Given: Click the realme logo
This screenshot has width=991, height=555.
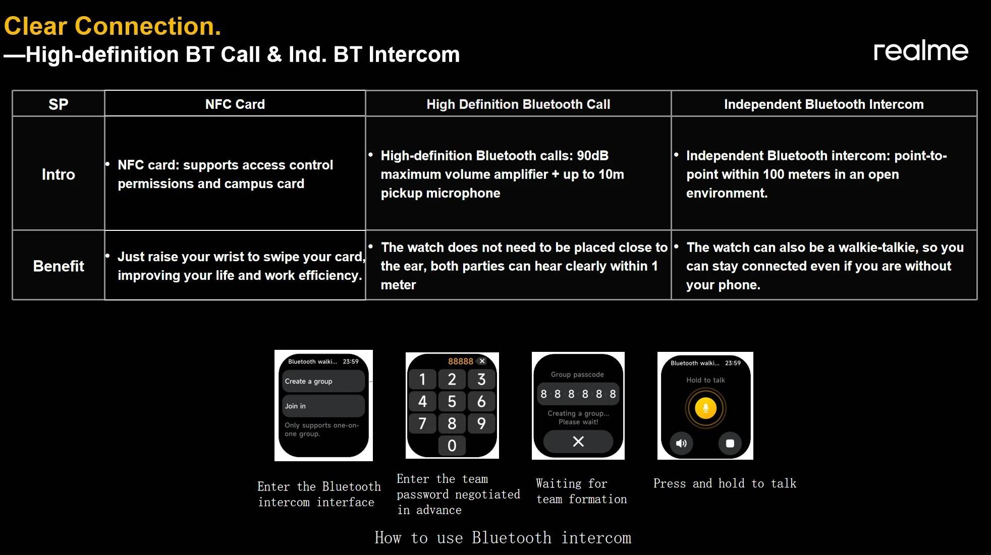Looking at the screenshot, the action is point(921,50).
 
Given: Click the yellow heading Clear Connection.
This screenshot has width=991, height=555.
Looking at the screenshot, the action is point(113,26).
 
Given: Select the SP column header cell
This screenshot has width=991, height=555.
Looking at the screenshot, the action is point(59,104).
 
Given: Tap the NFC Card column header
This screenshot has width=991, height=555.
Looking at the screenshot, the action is point(235,104).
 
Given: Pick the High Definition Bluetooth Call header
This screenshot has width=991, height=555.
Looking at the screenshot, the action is point(518,104).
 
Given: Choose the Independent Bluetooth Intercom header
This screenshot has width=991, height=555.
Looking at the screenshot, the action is point(824,104).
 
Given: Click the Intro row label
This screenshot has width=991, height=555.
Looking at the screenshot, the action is point(59,174).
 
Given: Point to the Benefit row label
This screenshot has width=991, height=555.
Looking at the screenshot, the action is point(59,266).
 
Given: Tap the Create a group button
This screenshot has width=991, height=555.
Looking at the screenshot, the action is point(323,381).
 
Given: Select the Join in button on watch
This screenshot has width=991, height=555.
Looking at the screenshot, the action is point(323,406).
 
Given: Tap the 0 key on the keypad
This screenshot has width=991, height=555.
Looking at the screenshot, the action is point(452,446).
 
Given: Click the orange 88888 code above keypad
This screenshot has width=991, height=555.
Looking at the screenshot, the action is point(461,361).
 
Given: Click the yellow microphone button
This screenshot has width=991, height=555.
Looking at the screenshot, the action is point(705,408).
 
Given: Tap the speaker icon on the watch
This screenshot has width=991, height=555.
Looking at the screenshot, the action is point(681,444).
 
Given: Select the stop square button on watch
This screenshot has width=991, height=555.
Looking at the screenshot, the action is point(730,444).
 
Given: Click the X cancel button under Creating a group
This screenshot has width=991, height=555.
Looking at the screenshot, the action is point(578,442).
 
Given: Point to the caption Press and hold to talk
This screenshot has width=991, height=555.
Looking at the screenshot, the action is point(725,483).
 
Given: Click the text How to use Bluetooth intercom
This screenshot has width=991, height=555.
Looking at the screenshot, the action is point(503,538).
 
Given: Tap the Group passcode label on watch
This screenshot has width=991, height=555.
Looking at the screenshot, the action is point(577,375).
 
